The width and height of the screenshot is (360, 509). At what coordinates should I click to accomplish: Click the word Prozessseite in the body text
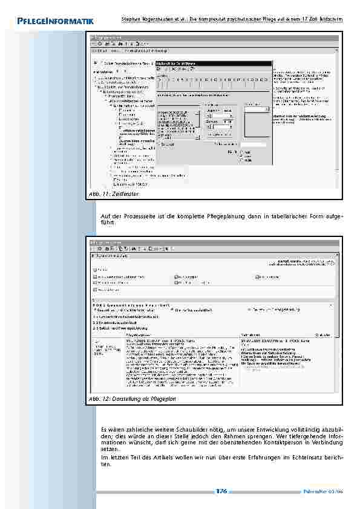click(140, 216)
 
